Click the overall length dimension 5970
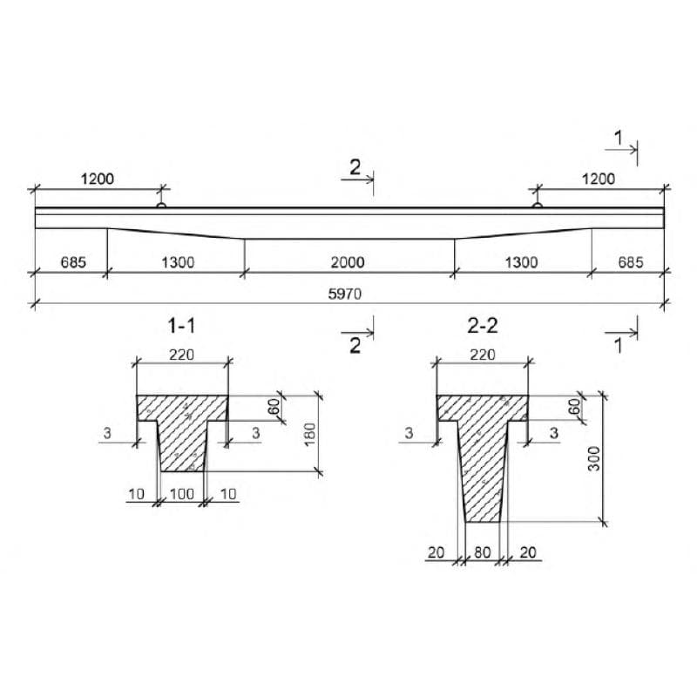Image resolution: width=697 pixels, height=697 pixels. point(345,294)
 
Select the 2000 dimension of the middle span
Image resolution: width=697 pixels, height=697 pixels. point(348,262)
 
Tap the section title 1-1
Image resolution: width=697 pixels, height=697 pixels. point(181,326)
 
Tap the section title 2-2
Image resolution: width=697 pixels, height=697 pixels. point(483,326)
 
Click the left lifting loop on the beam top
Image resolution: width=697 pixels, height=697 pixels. point(161,205)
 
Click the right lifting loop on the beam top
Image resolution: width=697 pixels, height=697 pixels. point(537,205)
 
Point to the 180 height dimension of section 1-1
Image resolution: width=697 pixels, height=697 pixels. point(310,434)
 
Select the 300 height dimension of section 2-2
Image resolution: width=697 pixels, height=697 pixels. point(594,459)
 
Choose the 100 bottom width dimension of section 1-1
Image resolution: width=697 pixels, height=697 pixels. point(182,494)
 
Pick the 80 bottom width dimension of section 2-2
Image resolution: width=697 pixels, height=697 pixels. point(483,552)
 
